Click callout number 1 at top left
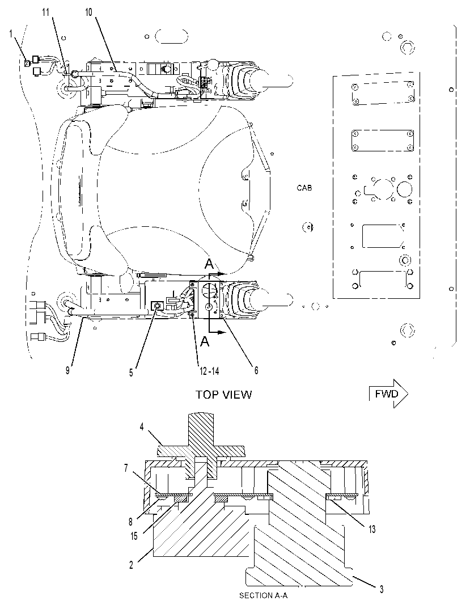pos(11,34)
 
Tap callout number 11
pos(46,12)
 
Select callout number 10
pos(89,12)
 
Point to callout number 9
pos(67,370)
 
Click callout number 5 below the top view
pos(132,373)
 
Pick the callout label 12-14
pos(209,371)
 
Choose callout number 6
pos(256,370)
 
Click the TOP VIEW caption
pos(224,395)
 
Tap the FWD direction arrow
pos(388,394)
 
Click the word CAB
pos(304,188)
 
